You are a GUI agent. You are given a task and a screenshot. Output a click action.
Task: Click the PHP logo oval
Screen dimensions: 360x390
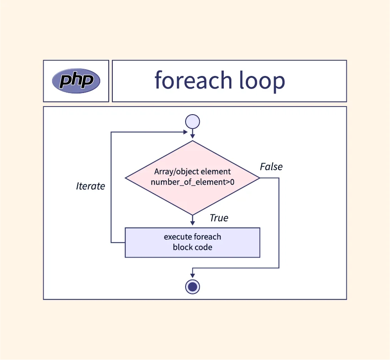[x=76, y=81]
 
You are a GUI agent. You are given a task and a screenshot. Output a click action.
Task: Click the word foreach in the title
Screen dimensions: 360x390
[x=193, y=80]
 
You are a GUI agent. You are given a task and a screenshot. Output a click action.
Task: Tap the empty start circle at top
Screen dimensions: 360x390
[x=192, y=122]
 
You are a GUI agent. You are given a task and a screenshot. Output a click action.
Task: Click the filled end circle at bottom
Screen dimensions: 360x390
[x=192, y=286]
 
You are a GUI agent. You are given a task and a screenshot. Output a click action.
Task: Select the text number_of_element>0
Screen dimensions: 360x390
[x=192, y=182]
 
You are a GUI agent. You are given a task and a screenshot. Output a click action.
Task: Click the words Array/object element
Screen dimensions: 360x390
[x=192, y=172]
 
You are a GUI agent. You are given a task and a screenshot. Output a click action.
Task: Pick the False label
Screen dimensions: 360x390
[x=271, y=167]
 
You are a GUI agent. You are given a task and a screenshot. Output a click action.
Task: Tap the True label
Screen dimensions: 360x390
[x=219, y=218]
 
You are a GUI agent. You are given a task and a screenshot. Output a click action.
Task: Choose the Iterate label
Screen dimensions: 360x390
[x=90, y=186]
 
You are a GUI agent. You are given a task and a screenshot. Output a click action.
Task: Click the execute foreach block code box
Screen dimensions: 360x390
[x=192, y=242]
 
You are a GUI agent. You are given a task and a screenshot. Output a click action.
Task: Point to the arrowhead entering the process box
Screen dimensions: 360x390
[x=192, y=224]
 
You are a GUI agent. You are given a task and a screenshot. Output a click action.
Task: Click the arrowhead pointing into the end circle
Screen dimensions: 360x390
[x=192, y=276]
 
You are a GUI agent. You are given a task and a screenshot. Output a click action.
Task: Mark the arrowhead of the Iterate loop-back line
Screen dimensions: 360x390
[x=186, y=132]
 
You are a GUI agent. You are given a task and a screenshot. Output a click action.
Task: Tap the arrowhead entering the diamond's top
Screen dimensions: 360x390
[x=192, y=137]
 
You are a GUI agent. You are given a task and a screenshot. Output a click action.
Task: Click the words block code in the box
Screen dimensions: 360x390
[x=192, y=247]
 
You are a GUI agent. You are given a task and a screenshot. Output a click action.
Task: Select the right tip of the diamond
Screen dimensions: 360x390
[x=259, y=178]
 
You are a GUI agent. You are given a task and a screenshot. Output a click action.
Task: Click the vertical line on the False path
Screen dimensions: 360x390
[x=279, y=225]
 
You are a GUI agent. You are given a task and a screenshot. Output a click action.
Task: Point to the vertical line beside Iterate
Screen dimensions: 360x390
[x=111, y=202]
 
